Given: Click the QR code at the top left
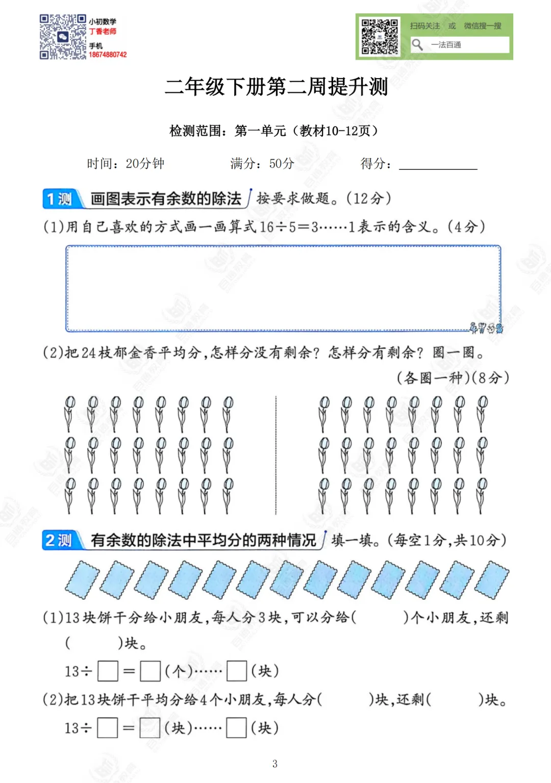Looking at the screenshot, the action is point(63,37).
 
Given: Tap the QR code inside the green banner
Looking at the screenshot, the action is point(380,37).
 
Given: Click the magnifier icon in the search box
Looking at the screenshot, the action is point(417,45).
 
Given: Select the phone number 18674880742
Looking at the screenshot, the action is point(108,55).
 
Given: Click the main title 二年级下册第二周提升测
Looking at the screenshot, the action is point(276,87).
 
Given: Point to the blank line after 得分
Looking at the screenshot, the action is point(438,164).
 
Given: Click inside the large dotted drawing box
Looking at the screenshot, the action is point(283,288).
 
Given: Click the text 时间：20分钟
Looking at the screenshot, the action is point(126,164).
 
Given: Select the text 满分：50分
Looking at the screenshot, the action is point(262,164).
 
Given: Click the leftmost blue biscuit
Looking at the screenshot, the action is point(82,579).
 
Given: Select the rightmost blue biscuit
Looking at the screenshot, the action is point(492,579).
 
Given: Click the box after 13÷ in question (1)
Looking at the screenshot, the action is point(108,671).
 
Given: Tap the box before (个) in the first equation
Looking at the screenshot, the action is point(151,671).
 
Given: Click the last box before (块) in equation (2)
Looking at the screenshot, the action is point(236,728).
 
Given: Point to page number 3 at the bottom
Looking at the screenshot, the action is point(275,764).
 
